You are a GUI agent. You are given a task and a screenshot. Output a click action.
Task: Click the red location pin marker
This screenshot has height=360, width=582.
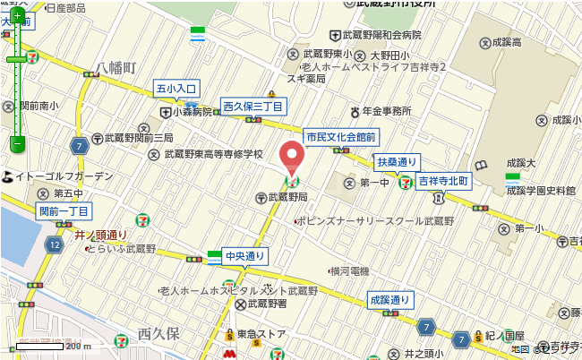[291, 158]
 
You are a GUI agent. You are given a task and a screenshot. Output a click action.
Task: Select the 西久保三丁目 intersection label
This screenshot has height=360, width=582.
[253, 107]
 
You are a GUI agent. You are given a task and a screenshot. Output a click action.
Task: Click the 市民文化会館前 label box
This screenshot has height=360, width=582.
[340, 137]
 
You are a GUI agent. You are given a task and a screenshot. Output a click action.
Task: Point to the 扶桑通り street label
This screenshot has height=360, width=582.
[396, 162]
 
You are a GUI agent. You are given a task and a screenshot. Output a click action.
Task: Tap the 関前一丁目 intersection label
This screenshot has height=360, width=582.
[64, 211]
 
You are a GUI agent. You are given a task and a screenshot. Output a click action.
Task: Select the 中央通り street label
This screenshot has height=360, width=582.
[245, 256]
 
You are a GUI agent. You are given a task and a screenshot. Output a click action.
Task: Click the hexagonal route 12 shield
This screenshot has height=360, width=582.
[55, 244]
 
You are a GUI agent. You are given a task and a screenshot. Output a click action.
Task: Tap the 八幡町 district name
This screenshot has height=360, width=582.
[116, 67]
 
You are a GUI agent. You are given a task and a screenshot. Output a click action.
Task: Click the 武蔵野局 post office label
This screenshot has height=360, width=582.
[287, 196]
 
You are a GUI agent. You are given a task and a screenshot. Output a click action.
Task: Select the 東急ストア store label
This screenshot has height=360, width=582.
[261, 334]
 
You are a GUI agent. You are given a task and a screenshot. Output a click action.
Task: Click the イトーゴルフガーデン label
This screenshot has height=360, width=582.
[64, 176]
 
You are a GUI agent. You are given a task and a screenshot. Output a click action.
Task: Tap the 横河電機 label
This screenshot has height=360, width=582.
[350, 270]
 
